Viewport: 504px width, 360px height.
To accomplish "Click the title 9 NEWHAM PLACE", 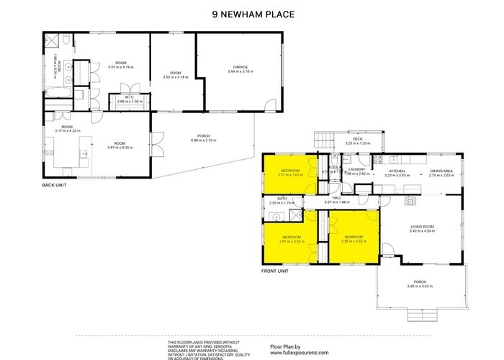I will point(253,14).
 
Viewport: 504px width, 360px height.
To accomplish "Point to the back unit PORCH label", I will point(204,135).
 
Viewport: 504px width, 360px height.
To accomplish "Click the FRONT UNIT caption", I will point(274,271).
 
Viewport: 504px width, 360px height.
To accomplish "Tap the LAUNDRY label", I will point(358,170).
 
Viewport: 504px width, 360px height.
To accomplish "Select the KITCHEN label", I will point(397,171).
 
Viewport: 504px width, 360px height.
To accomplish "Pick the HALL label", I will point(336,198).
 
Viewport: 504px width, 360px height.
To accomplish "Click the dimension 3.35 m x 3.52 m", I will point(354,241).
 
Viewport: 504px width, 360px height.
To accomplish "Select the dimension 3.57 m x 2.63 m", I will point(291,174).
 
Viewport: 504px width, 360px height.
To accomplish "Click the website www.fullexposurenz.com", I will point(294,354).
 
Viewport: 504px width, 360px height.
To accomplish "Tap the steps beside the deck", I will point(325,140).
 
